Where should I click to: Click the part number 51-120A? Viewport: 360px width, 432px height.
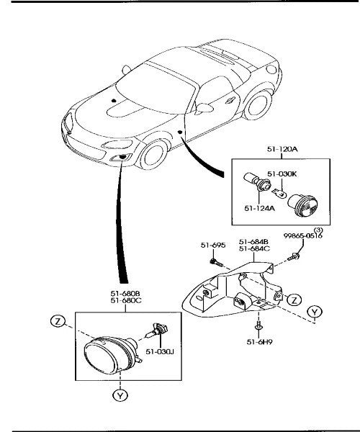coord(282,149)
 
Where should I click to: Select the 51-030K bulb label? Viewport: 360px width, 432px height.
coord(282,174)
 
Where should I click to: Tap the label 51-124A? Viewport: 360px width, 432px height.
coord(259,208)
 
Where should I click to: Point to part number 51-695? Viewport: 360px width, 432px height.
coord(213,245)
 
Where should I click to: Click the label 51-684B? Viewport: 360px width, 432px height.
coord(253,242)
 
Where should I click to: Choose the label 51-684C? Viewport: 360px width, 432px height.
coord(254,248)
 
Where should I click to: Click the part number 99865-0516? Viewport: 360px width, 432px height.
coord(302,236)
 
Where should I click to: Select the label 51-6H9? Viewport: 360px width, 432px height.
coord(259,342)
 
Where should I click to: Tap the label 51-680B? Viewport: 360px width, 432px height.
coord(125,294)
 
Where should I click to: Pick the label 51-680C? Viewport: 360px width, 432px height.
coord(126,300)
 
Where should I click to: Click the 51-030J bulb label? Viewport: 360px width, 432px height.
coord(160,352)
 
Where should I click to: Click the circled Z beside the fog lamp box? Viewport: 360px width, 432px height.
coord(58,321)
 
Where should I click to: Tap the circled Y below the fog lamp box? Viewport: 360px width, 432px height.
coord(120,395)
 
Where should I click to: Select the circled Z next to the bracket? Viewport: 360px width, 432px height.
coord(294,300)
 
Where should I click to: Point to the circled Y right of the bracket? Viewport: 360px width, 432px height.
coord(314,312)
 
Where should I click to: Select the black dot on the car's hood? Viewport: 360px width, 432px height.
coord(114,101)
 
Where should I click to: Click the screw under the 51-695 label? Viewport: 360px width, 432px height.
coord(217,263)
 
